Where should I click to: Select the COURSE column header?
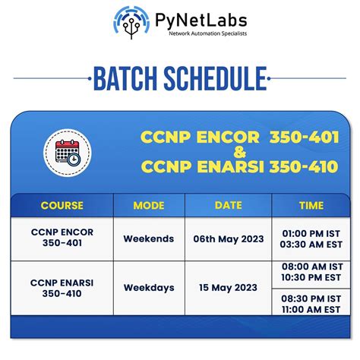[x=62, y=205]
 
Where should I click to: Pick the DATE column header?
[x=228, y=205]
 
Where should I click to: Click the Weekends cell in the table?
[x=148, y=238]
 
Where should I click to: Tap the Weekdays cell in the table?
[x=148, y=288]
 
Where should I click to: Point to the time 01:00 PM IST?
[x=310, y=232]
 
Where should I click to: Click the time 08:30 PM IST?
[x=310, y=299]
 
